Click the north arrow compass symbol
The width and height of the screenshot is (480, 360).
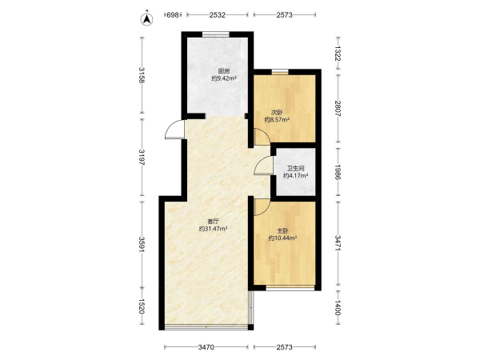146,19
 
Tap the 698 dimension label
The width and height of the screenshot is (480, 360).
173,14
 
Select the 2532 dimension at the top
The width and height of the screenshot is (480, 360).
218,14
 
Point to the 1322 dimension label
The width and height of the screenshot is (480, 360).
338,54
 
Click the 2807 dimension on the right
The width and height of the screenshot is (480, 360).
338,108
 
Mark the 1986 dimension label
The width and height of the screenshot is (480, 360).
338,172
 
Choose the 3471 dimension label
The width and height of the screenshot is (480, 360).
338,243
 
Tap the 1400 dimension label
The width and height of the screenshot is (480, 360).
338,307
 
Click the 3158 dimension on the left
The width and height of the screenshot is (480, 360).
142,75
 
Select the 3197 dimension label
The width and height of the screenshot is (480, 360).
142,158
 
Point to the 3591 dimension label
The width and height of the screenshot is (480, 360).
142,244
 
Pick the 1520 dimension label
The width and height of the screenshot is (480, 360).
142,306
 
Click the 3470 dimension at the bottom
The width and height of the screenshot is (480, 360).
206,347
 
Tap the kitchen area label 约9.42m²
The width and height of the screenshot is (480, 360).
224,78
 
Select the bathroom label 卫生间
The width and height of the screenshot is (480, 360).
295,168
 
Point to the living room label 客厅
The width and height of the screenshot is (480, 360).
213,221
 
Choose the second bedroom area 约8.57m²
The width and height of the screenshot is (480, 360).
277,120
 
